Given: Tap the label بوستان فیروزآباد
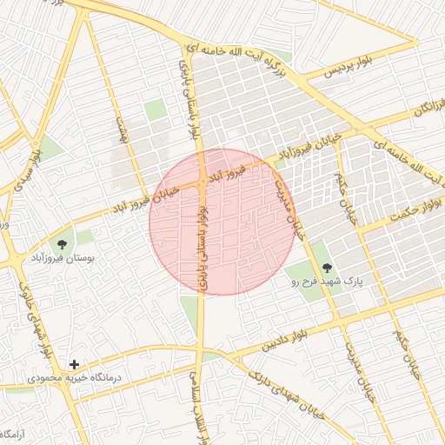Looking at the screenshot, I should click(63, 259).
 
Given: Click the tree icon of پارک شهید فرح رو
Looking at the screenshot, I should click(327, 269).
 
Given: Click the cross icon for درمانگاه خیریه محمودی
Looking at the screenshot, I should click(75, 364).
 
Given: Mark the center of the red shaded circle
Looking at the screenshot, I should click(222, 222).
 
